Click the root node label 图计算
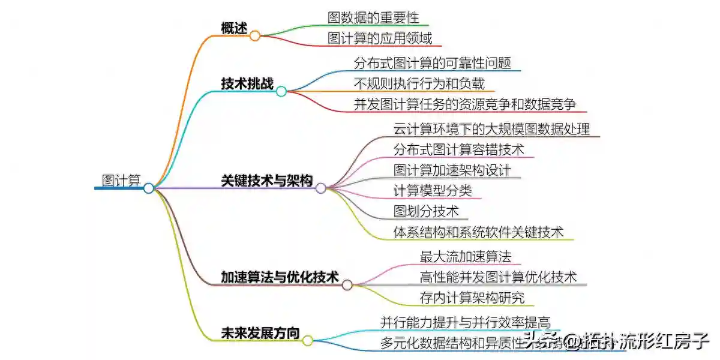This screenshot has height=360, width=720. (x=121, y=181)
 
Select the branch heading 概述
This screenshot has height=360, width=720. (x=234, y=28)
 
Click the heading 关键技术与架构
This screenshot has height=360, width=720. (x=267, y=181)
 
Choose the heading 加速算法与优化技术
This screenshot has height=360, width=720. (x=280, y=277)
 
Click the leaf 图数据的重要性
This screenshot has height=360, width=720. (x=373, y=17)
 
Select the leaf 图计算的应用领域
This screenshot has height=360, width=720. (x=380, y=38)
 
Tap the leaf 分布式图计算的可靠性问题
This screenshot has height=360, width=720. (x=433, y=63)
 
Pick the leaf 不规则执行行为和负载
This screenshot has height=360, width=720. (x=419, y=83)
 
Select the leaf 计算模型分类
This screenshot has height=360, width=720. (x=433, y=191)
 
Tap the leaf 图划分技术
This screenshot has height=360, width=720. (x=426, y=211)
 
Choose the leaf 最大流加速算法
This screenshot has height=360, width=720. (x=466, y=257)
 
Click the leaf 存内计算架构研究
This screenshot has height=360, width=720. (x=472, y=298)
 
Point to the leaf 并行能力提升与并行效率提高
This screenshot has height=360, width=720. (x=466, y=323)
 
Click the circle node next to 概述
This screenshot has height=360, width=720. (x=255, y=36)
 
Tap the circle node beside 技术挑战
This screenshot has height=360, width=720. (x=281, y=91)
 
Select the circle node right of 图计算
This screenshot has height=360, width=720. (x=149, y=188)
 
